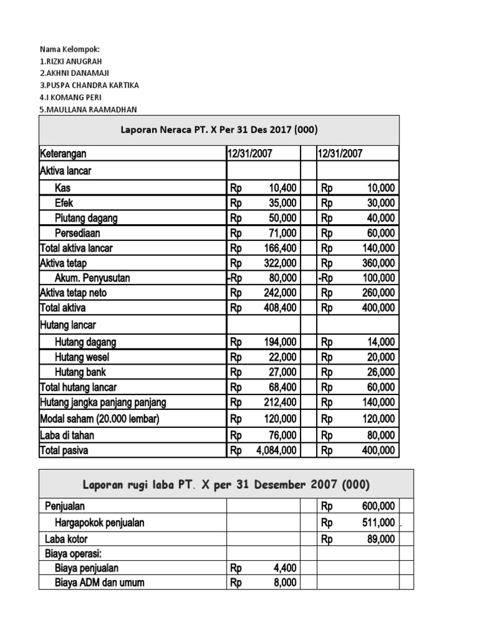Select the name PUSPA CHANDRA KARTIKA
point(89,85)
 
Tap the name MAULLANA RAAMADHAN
point(88,109)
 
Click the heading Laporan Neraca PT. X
point(219,130)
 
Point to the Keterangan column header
point(63,153)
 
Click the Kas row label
point(63,188)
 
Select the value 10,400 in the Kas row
point(283,188)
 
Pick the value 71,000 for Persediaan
point(283,233)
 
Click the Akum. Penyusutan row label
point(93,278)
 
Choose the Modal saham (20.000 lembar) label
point(99,419)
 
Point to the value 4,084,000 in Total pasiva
point(276,451)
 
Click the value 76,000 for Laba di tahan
point(283,435)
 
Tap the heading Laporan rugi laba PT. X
point(226,484)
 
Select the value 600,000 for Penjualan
point(378,507)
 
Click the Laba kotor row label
point(65,539)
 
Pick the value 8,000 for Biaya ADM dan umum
point(285,583)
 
